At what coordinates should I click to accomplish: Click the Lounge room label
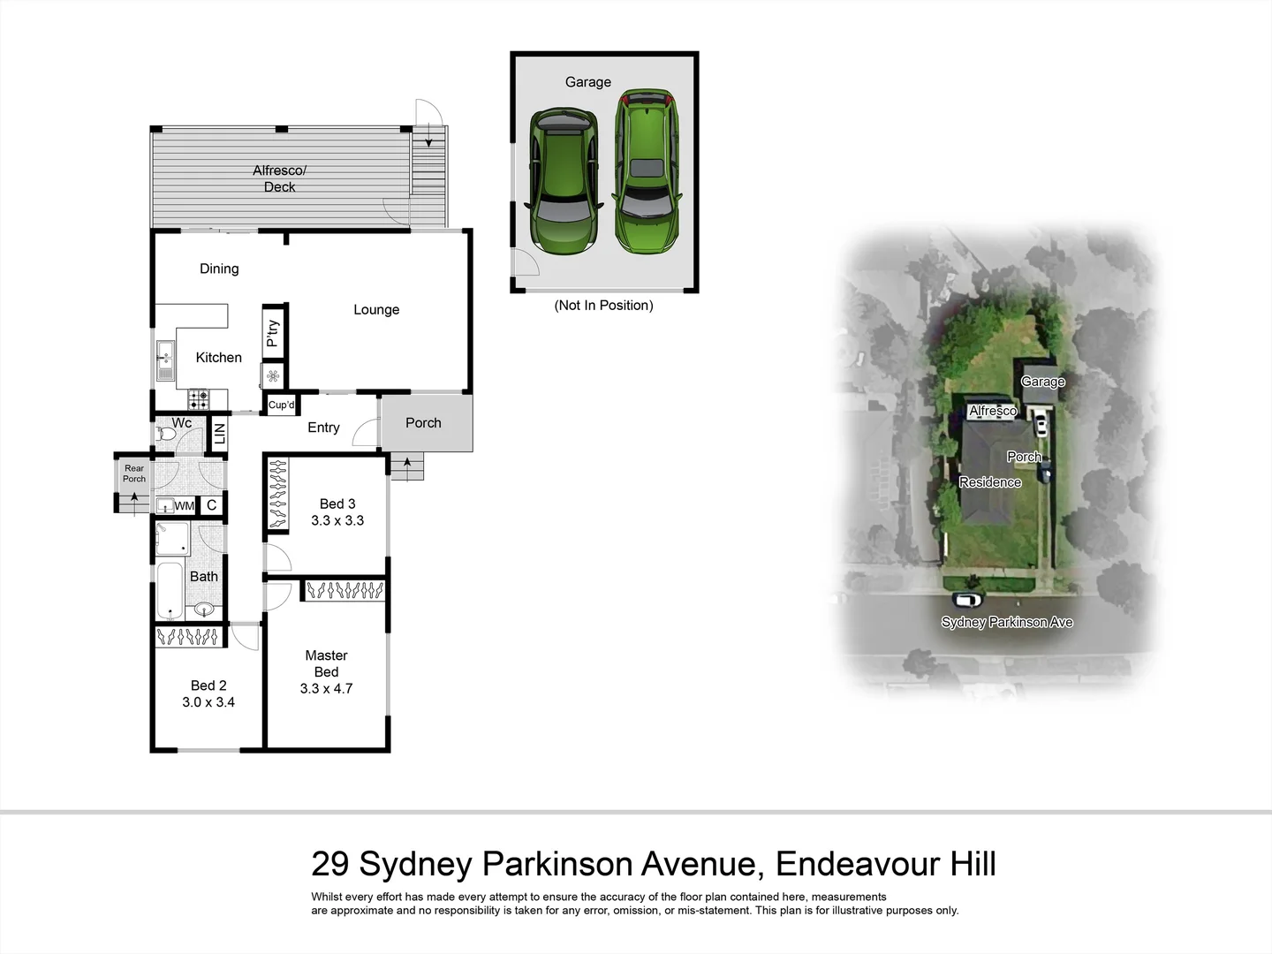[x=376, y=309]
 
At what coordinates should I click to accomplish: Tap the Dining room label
[x=219, y=269]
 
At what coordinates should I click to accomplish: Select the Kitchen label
[x=218, y=358]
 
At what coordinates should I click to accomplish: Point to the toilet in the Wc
[x=165, y=435]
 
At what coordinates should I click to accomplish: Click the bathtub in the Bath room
[x=170, y=591]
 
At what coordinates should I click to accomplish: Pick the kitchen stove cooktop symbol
[x=199, y=400]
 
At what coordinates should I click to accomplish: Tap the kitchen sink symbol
[x=165, y=360]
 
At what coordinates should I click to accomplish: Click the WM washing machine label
[x=184, y=506]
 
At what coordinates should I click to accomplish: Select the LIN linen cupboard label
[x=220, y=434]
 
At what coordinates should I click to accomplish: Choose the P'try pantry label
[x=273, y=332]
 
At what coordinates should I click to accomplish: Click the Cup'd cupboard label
[x=282, y=405]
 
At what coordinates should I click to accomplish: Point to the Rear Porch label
[x=134, y=473]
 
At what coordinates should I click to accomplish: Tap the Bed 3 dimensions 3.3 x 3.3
[x=337, y=520]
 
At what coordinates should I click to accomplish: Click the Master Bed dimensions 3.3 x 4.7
[x=326, y=689]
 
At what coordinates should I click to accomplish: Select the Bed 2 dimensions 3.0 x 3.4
[x=208, y=702]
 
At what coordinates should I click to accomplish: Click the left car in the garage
[x=563, y=181]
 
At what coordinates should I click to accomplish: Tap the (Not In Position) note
[x=603, y=306]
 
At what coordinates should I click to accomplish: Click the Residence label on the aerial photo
[x=990, y=482]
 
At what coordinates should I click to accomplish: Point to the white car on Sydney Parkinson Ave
[x=968, y=600]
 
